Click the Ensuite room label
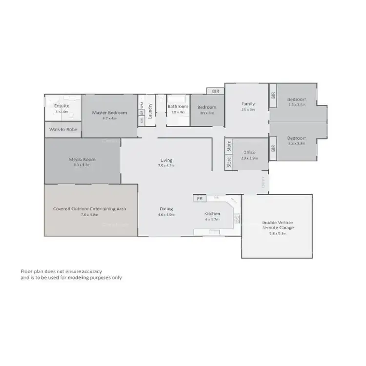tap(62, 105)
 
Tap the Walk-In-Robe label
tap(63, 130)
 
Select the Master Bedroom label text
tap(110, 113)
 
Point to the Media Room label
tap(82, 159)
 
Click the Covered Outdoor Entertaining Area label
tap(89, 208)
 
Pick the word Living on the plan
tap(166, 160)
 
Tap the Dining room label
tap(166, 209)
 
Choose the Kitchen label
tap(212, 214)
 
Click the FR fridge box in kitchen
tap(200, 199)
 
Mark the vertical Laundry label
tap(150, 110)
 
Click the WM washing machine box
tap(142, 104)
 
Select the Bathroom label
tap(178, 106)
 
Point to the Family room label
tap(248, 104)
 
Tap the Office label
tap(249, 152)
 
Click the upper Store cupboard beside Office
tap(229, 146)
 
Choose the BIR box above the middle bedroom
tap(216, 91)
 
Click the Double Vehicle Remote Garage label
tap(278, 224)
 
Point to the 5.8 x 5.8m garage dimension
tap(278, 234)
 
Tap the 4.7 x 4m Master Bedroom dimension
tap(110, 118)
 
